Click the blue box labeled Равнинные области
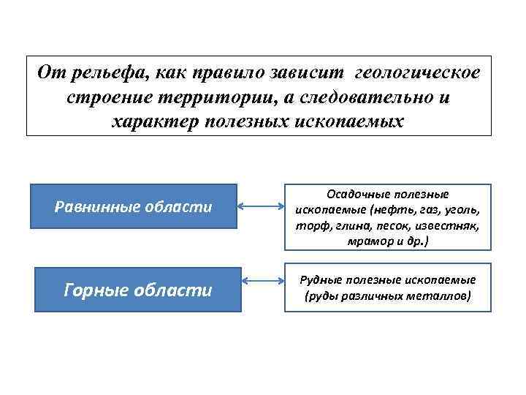(x=134, y=207)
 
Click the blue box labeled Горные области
(x=138, y=290)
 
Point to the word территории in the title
(x=202, y=97)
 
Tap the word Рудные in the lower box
(x=325, y=280)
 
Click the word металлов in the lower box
(x=438, y=296)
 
